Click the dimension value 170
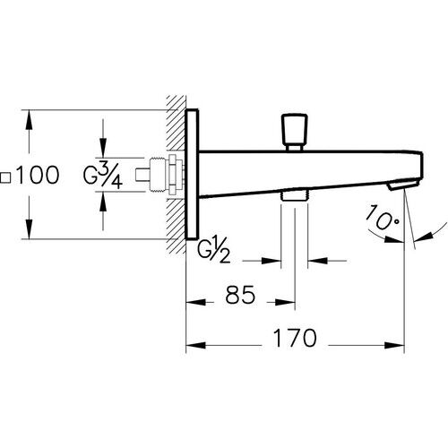(296, 339)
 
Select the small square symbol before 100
(8, 177)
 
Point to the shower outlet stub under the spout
(293, 194)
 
